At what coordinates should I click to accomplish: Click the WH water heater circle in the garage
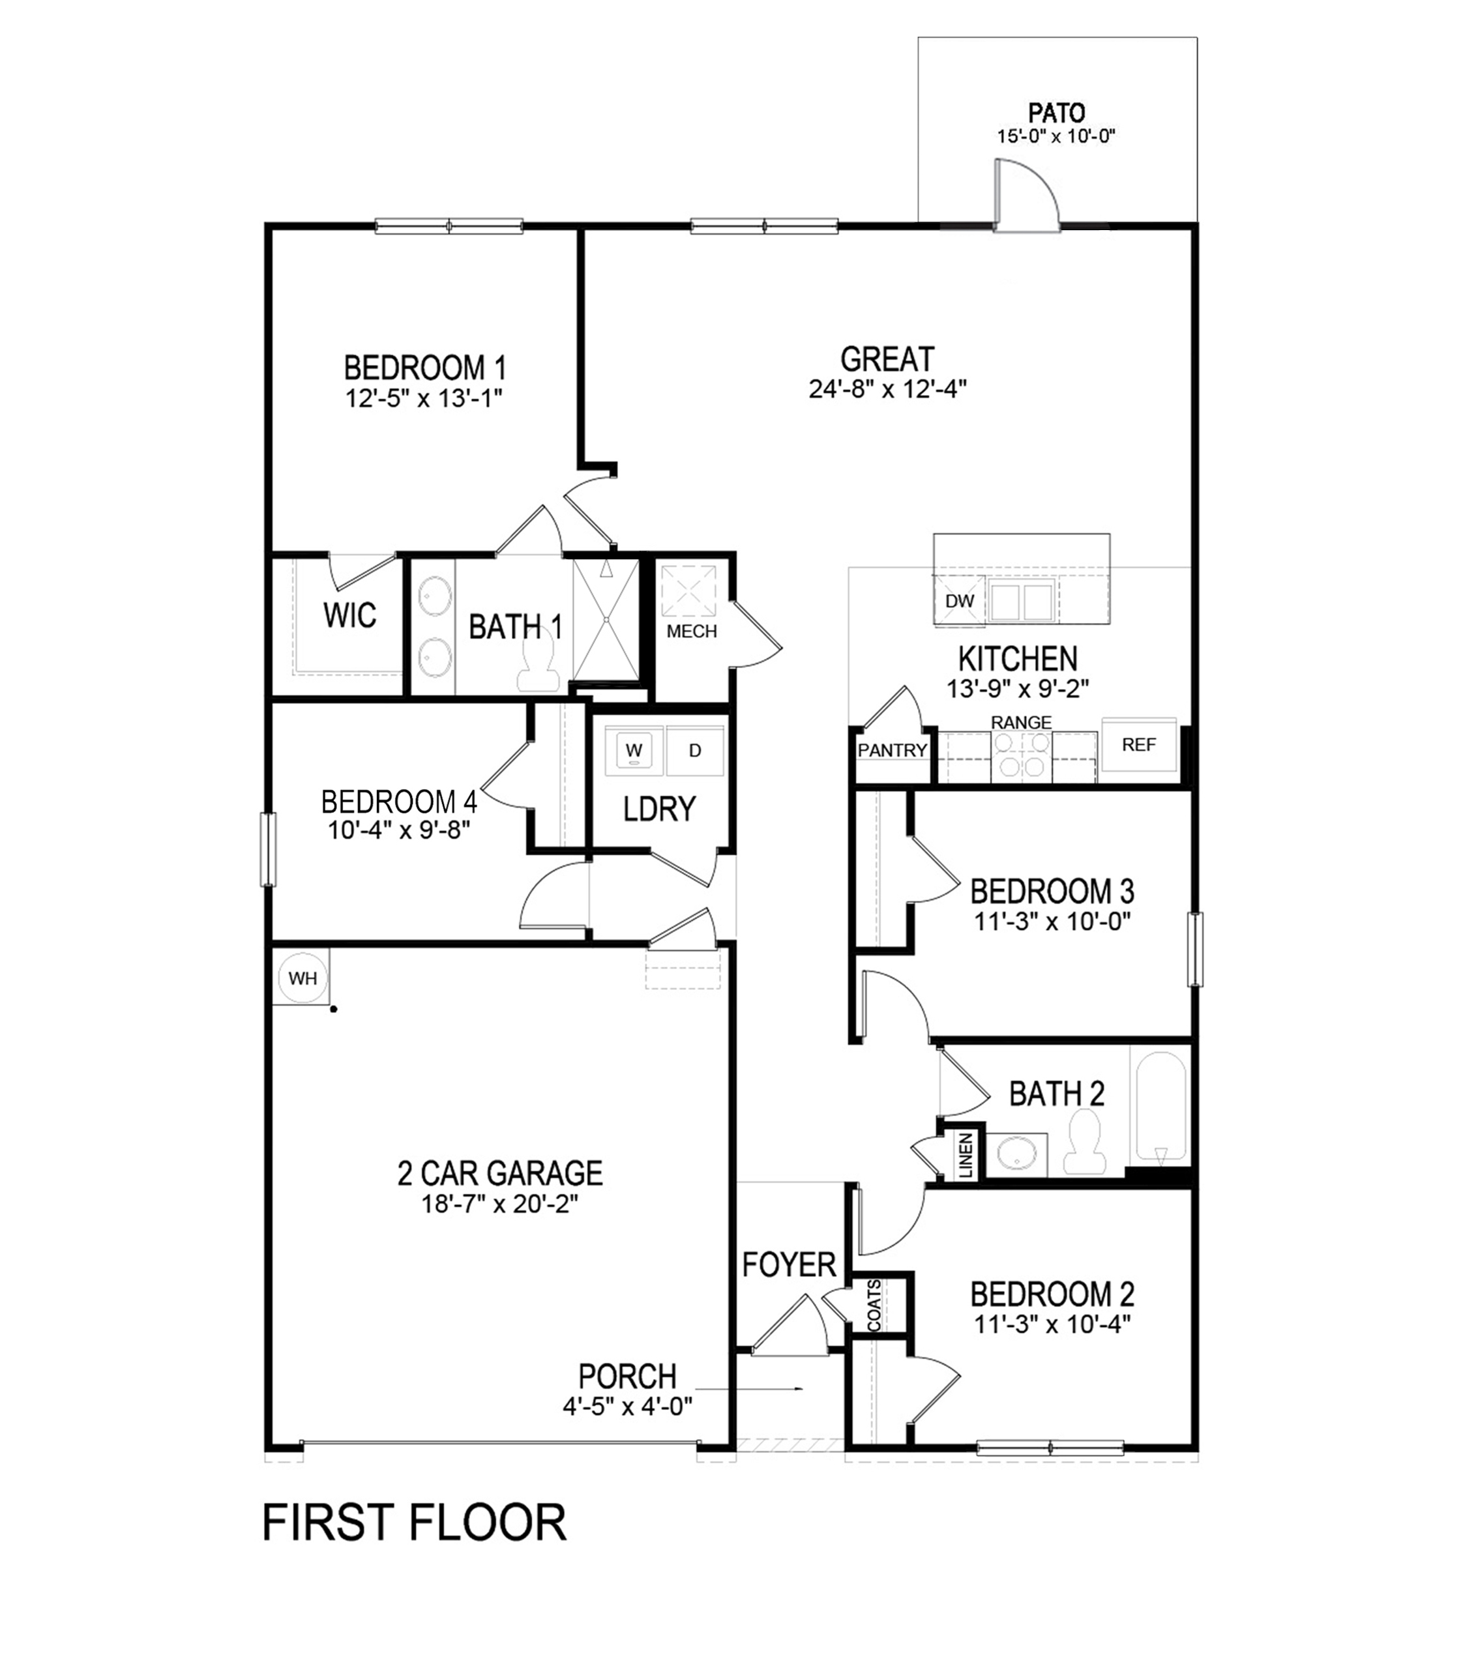pyautogui.click(x=303, y=978)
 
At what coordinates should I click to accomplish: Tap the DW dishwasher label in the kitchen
pyautogui.click(x=960, y=601)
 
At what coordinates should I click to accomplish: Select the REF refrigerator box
pyautogui.click(x=1138, y=744)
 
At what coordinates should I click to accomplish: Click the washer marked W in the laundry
pyautogui.click(x=634, y=750)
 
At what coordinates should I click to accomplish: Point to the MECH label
pyautogui.click(x=691, y=631)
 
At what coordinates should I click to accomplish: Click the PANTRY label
pyautogui.click(x=892, y=750)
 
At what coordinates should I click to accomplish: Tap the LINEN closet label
pyautogui.click(x=966, y=1156)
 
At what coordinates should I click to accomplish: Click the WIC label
pyautogui.click(x=349, y=615)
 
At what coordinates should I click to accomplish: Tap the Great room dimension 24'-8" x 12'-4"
pyautogui.click(x=887, y=388)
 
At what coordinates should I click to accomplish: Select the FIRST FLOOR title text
pyautogui.click(x=414, y=1523)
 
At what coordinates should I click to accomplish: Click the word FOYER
pyautogui.click(x=789, y=1264)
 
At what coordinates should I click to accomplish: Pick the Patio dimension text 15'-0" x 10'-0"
pyautogui.click(x=1055, y=136)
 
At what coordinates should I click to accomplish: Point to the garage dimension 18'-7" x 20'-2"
pyautogui.click(x=499, y=1203)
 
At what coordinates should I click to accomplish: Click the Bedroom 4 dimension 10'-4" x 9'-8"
pyautogui.click(x=398, y=830)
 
